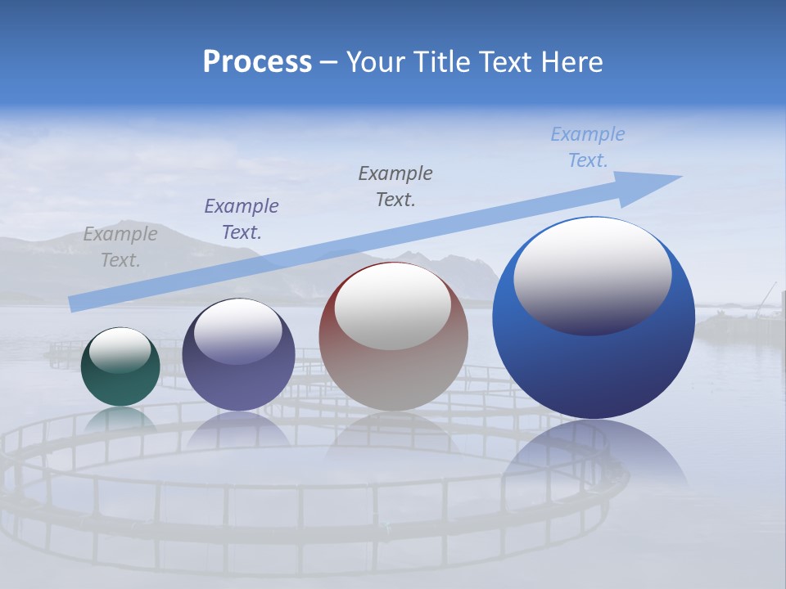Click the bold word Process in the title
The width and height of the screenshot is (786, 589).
click(257, 62)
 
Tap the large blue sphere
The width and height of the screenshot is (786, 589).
click(594, 368)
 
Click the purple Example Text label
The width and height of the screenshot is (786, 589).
click(241, 218)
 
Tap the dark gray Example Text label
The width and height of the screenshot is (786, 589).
click(395, 186)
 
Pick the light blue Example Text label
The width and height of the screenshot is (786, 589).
click(587, 147)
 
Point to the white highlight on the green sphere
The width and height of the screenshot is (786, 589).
click(120, 350)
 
